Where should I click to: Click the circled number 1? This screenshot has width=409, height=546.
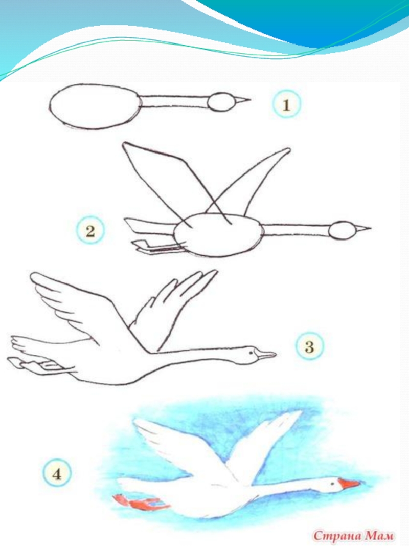tap(286, 104)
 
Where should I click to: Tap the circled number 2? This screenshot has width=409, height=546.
tap(90, 231)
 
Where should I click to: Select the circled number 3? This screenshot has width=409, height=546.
tap(309, 346)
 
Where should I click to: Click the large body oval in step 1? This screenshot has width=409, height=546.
tap(95, 106)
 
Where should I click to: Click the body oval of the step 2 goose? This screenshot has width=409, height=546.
tap(218, 235)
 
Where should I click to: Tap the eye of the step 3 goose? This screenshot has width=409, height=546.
tap(251, 353)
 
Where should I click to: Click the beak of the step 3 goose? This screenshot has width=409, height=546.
tap(266, 355)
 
